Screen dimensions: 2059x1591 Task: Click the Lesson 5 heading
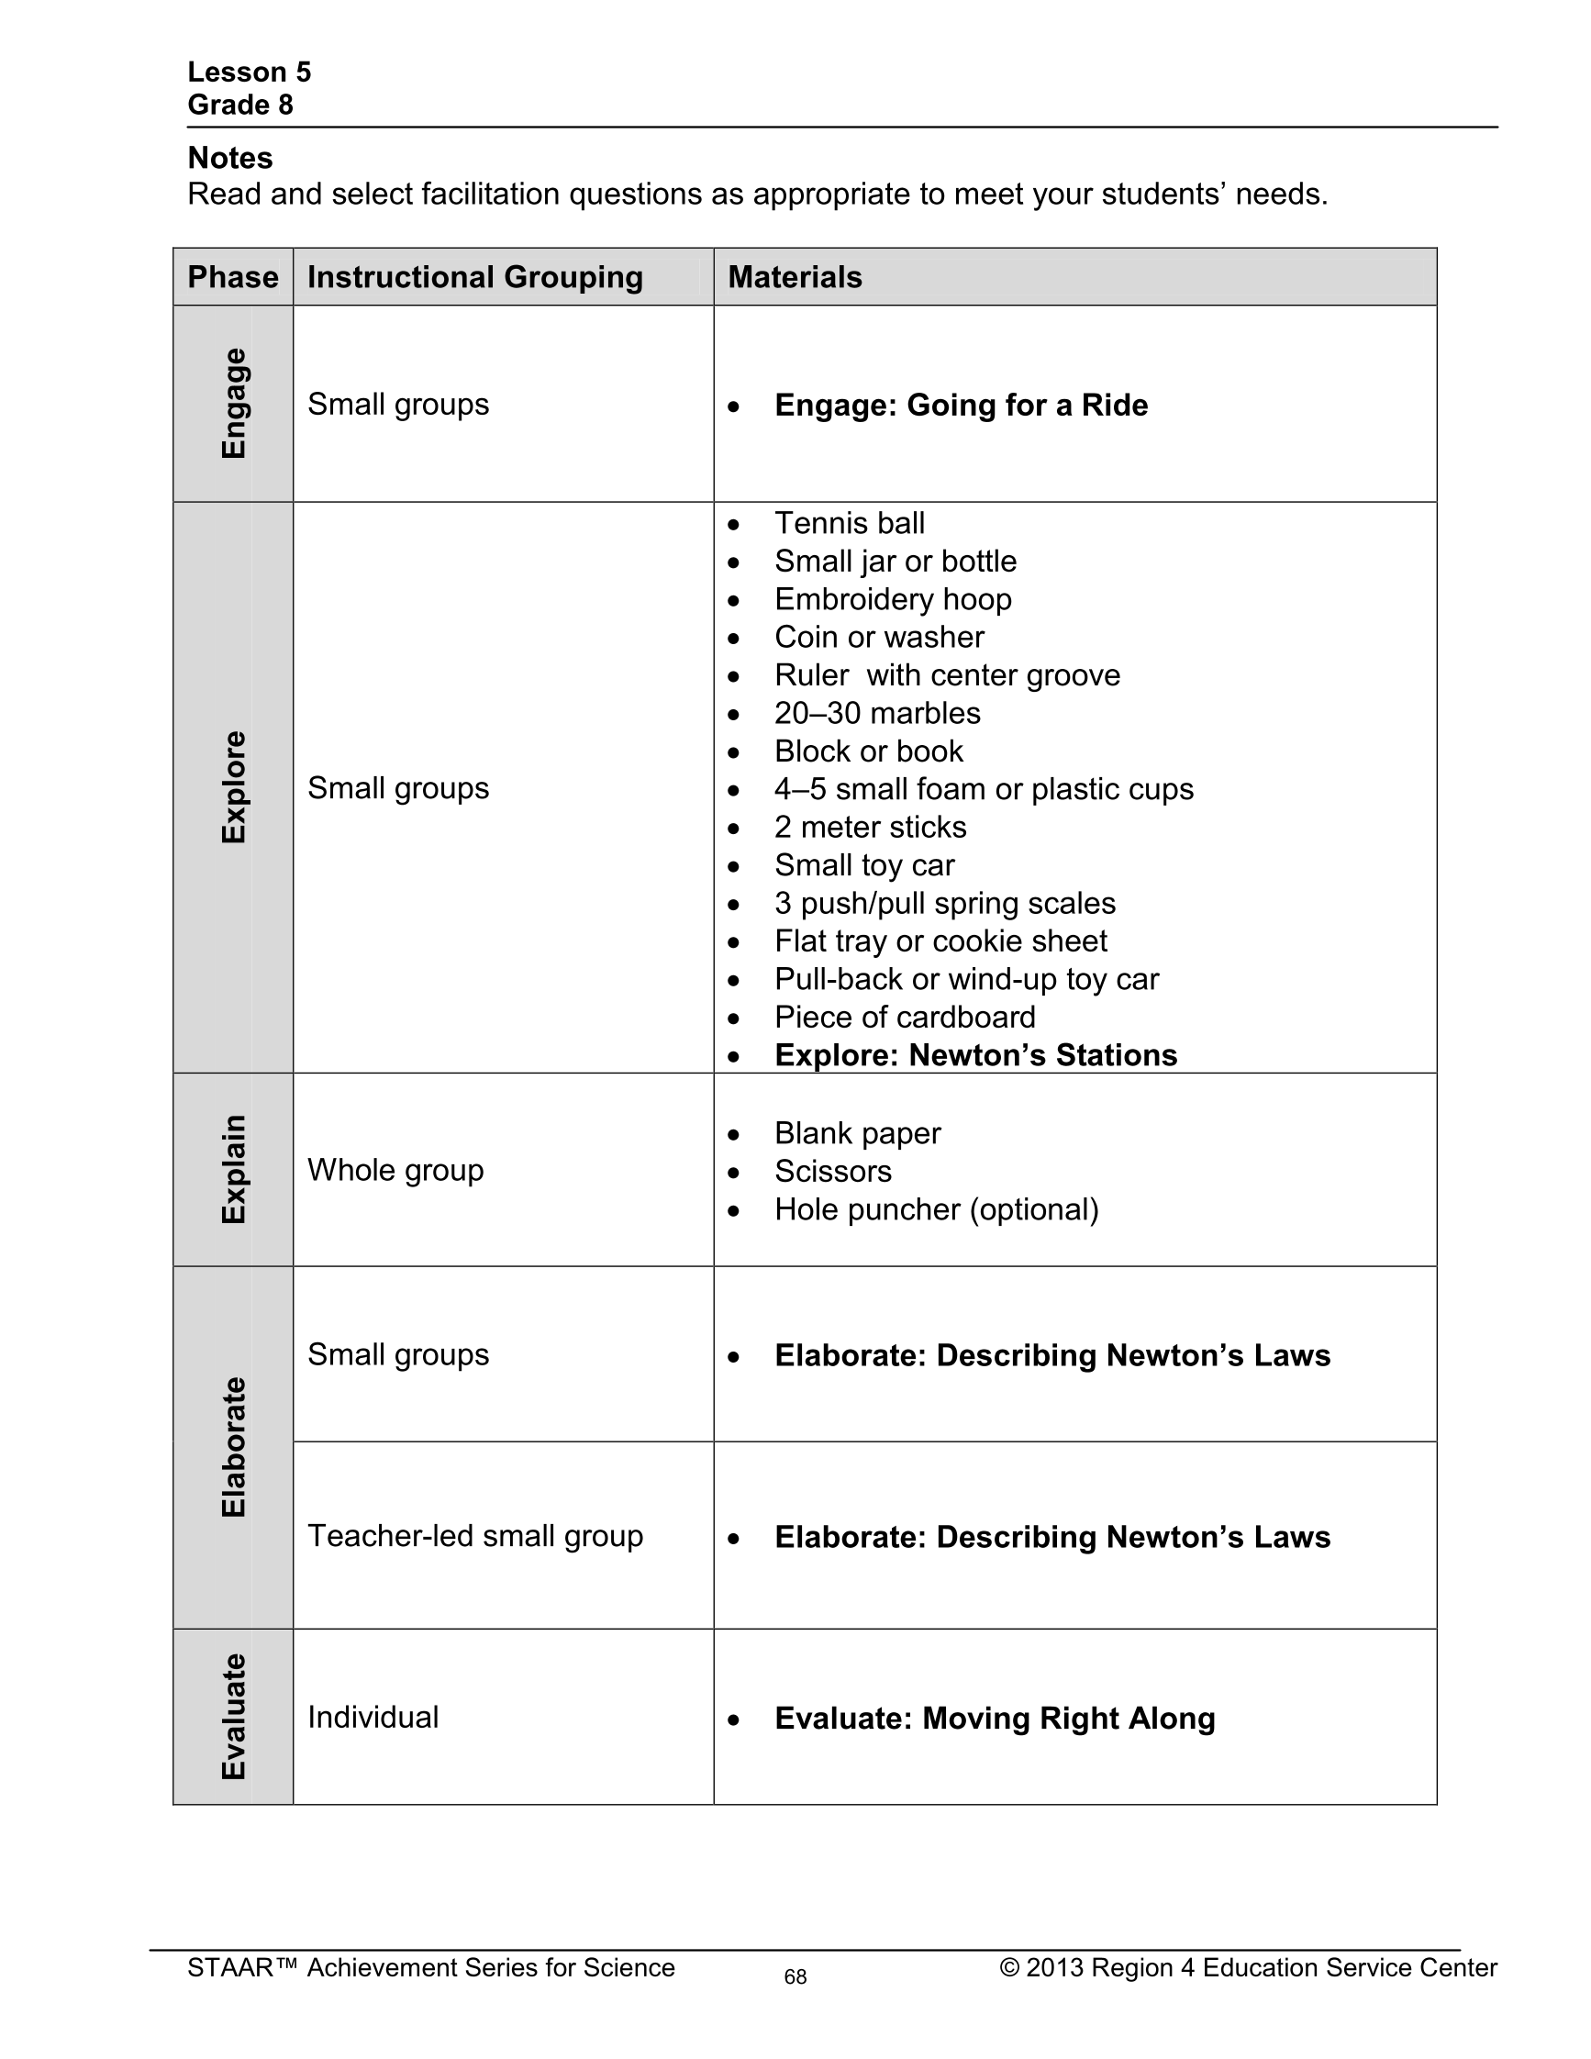249,72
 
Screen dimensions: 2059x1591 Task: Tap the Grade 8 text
240,105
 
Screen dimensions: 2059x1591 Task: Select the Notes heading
230,158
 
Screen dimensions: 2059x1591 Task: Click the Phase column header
233,277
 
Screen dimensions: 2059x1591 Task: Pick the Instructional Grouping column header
475,277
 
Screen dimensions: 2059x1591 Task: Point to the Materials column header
795,277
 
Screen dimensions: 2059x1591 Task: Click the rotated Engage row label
234,404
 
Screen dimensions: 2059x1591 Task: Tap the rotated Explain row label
234,1169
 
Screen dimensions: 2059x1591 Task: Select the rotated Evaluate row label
234,1717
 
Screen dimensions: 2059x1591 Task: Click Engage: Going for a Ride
961,406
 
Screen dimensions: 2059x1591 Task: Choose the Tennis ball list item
850,523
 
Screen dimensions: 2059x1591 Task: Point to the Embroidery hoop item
893,599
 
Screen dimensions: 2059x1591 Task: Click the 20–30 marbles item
876,714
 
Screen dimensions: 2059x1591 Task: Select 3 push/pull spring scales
944,903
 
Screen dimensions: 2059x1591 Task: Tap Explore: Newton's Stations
975,1055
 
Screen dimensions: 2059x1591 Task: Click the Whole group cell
395,1170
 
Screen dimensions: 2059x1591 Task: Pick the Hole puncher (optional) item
936,1209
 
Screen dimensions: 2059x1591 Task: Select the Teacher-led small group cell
475,1536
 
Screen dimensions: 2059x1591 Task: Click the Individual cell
373,1717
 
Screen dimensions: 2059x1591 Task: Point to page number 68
795,1977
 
